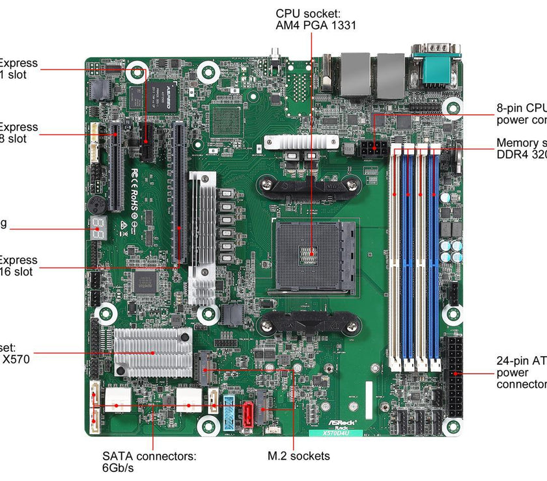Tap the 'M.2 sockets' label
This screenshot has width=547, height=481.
click(x=299, y=456)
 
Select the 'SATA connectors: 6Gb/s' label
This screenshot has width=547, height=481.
click(x=149, y=461)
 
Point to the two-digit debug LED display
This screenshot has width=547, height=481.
click(x=99, y=226)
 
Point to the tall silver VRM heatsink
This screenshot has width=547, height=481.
click(x=202, y=237)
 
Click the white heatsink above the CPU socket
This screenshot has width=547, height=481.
click(x=302, y=142)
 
